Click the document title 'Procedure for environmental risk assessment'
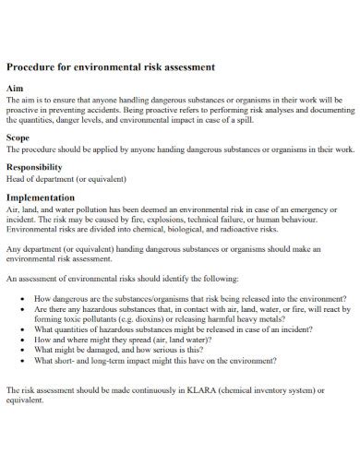[x=111, y=67]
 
